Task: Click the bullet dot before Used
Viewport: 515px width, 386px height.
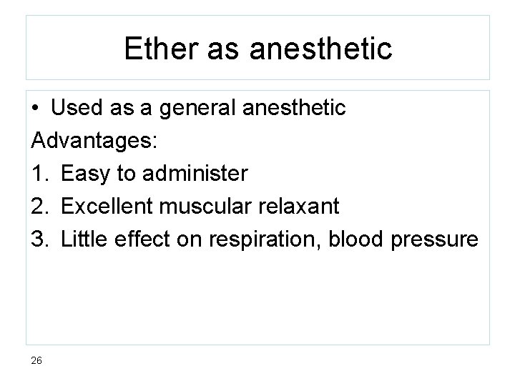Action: tap(35, 109)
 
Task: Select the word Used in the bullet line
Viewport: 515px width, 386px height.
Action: tap(77, 109)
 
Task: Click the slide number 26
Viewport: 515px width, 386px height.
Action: tap(37, 360)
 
